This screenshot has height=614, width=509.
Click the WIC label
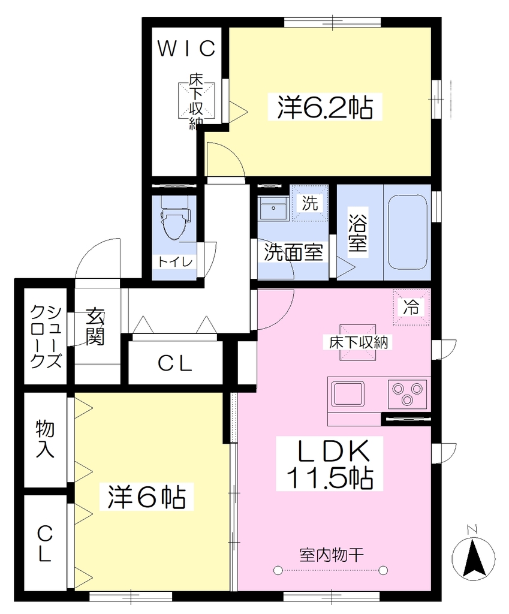pyautogui.click(x=186, y=48)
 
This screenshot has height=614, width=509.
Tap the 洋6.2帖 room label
pyautogui.click(x=325, y=107)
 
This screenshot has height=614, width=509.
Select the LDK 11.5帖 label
pyautogui.click(x=329, y=463)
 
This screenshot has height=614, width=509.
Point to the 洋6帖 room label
pyautogui.click(x=146, y=497)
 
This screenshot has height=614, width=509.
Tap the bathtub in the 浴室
pyautogui.click(x=407, y=232)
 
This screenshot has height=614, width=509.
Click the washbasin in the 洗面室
pyautogui.click(x=273, y=208)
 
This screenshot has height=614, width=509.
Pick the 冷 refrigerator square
pyautogui.click(x=411, y=307)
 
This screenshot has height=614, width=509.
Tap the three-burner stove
pyautogui.click(x=408, y=393)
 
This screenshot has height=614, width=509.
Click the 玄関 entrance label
pyautogui.click(x=95, y=327)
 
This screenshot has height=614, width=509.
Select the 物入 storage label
pyautogui.click(x=45, y=439)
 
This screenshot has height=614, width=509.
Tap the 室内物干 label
pyautogui.click(x=332, y=555)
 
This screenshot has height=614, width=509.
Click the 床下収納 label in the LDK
pyautogui.click(x=359, y=342)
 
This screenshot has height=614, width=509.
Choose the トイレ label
pyautogui.click(x=175, y=261)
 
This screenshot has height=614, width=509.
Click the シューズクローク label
pyautogui.click(x=46, y=337)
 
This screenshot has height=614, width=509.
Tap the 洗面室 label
pyautogui.click(x=294, y=252)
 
